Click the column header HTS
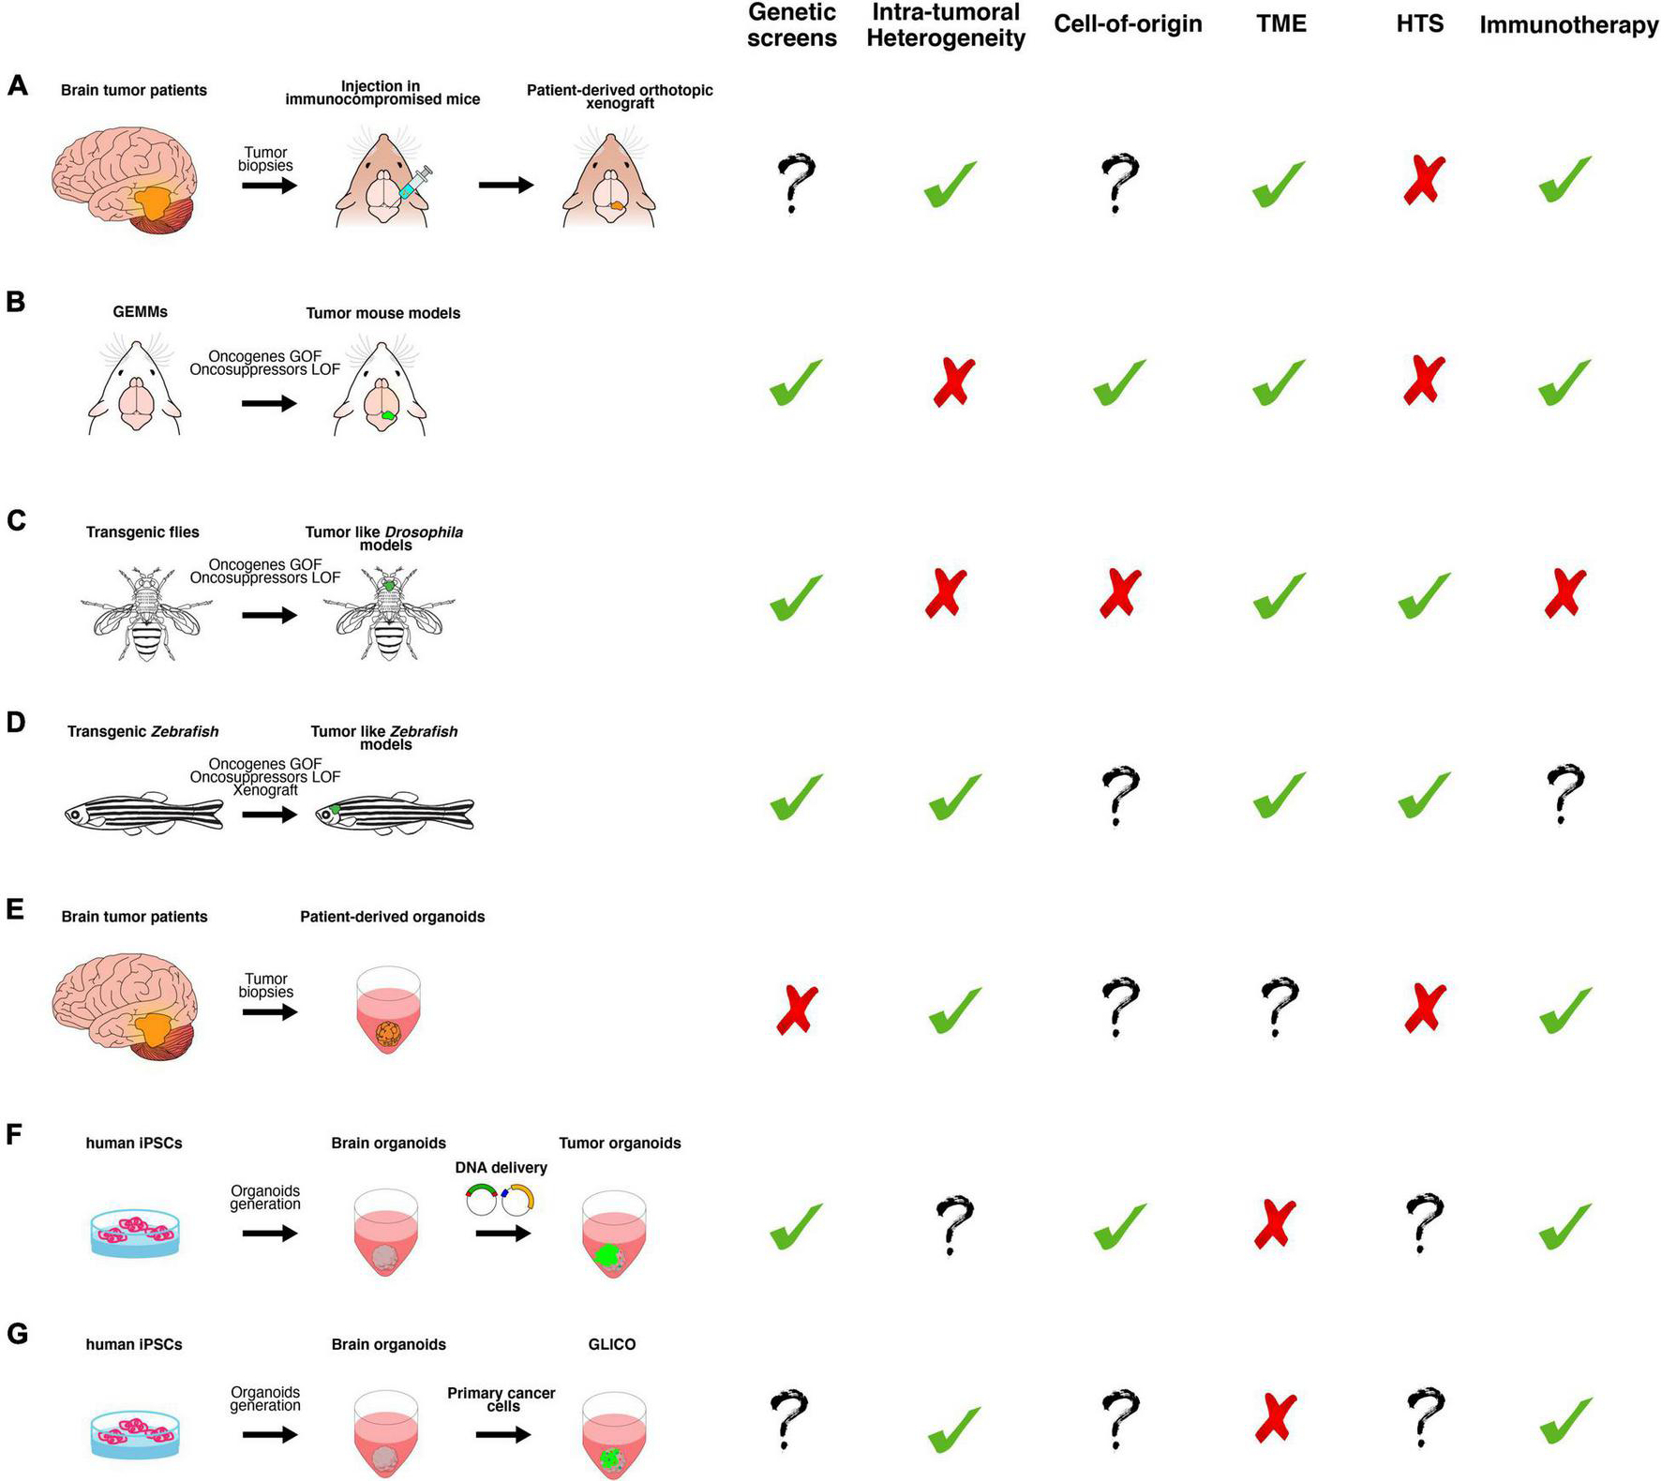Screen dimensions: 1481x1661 (1419, 24)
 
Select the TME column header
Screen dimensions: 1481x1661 (1280, 24)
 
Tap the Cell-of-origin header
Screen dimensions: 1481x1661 (1128, 24)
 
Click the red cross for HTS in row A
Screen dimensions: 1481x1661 (1423, 181)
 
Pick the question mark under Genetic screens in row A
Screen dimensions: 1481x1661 (795, 182)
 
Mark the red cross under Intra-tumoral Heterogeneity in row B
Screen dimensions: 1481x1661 (953, 382)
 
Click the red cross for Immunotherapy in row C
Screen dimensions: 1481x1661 (1564, 592)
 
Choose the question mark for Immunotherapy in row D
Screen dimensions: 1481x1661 (1564, 793)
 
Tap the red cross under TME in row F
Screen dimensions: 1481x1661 (1275, 1223)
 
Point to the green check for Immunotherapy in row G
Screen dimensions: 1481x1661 (1564, 1422)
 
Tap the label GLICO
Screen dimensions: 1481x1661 (611, 1344)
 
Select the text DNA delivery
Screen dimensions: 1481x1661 (501, 1168)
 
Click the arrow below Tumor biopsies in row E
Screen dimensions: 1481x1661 (269, 1012)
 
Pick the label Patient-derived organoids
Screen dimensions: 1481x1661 (392, 917)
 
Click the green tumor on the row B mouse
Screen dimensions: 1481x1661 (389, 415)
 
